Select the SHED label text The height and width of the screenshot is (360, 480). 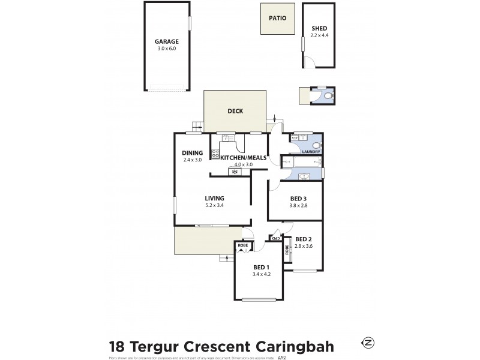(319, 28)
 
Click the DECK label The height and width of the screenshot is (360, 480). (235, 110)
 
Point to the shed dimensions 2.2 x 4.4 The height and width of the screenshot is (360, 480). (319, 35)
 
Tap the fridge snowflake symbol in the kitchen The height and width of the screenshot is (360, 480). (235, 172)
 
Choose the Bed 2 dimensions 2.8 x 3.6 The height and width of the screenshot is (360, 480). (304, 245)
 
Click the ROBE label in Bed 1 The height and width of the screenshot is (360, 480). (243, 245)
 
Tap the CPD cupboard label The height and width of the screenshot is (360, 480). (276, 238)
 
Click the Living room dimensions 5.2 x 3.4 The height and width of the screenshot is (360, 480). (214, 205)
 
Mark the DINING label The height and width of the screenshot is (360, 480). (193, 153)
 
